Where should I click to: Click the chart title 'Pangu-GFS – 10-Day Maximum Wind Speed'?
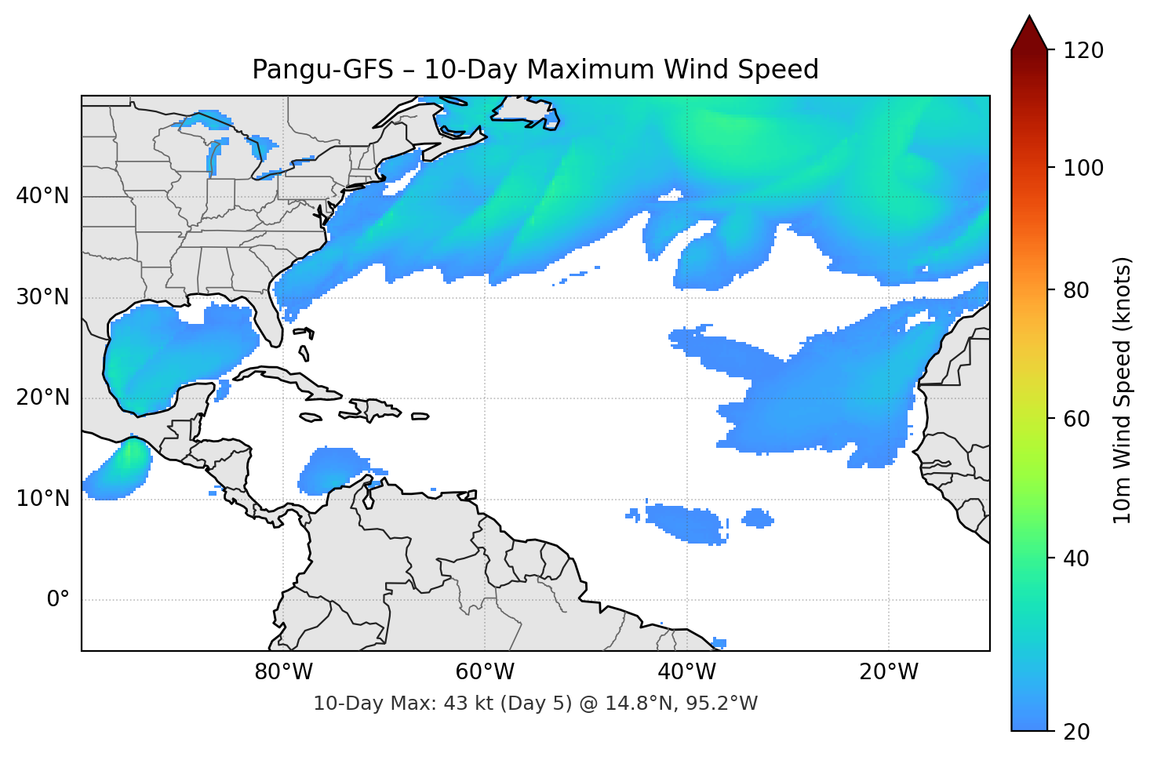tap(535, 70)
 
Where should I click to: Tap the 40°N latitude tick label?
tap(42, 196)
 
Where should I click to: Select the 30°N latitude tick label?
tap(42, 297)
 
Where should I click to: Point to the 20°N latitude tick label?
tap(42, 398)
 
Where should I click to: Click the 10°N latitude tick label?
tap(42, 499)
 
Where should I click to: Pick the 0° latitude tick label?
tap(57, 600)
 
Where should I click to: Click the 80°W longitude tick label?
tap(283, 672)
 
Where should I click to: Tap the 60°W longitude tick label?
tap(485, 672)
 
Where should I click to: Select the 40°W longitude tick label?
tap(686, 672)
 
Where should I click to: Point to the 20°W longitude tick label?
tap(888, 672)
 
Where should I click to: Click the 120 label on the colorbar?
tap(1083, 51)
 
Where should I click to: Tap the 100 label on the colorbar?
tap(1083, 168)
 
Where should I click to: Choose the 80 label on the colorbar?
tap(1077, 290)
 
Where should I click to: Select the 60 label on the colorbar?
tap(1077, 419)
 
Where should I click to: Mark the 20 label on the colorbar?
tap(1077, 732)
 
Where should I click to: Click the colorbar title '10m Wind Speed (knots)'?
tap(1123, 391)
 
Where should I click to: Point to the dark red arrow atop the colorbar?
tap(1029, 33)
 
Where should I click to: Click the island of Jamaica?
tap(311, 417)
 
